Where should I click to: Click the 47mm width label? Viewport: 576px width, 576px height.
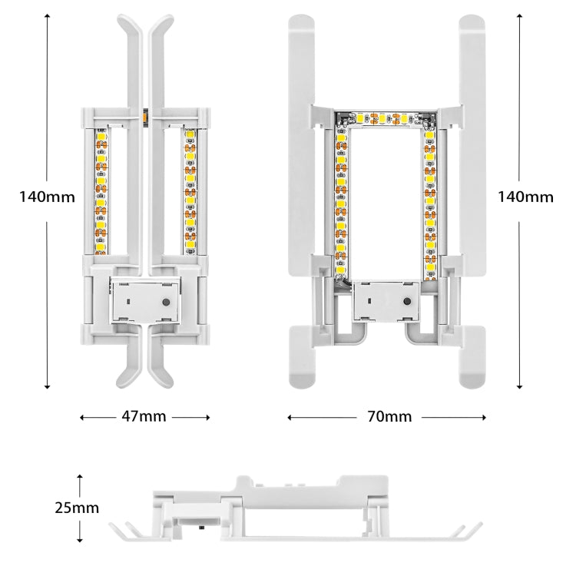[144, 416]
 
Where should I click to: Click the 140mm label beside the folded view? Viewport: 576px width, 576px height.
[47, 196]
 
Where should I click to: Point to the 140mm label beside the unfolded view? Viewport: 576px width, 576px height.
[525, 196]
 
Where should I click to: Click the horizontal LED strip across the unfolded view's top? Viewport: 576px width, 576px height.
[383, 119]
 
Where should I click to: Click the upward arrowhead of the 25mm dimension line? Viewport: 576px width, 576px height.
[80, 478]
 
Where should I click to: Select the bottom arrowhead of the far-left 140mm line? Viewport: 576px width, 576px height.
[48, 386]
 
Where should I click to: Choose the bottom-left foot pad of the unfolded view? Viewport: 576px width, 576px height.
[306, 357]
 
